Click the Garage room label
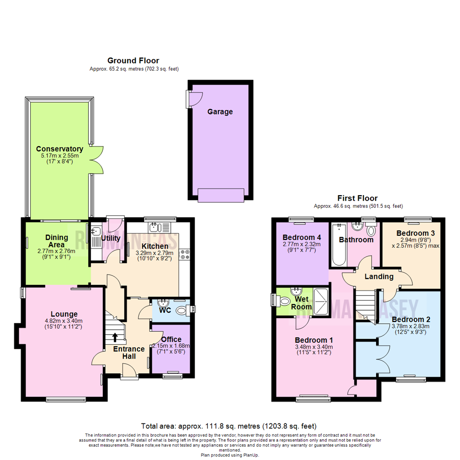pyautogui.click(x=220, y=112)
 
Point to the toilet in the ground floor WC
pyautogui.click(x=183, y=311)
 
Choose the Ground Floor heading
pyautogui.click(x=133, y=60)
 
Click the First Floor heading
pyautogui.click(x=357, y=198)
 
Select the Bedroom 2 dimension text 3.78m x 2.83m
pyautogui.click(x=411, y=327)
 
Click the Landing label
pyautogui.click(x=379, y=276)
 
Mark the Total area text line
pyautogui.click(x=229, y=426)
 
